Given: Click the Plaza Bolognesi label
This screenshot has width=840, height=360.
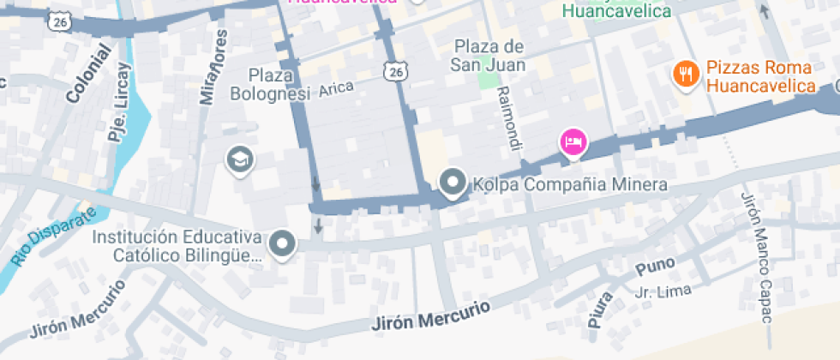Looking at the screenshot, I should pos(268,84).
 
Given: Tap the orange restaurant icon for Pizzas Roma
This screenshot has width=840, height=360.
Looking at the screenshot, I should pos(684,75).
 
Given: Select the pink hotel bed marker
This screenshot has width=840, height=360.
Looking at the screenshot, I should pos(573,141).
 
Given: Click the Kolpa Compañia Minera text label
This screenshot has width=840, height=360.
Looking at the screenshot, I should pos(570,184).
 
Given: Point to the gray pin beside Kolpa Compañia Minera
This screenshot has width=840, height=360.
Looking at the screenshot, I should pos(452,182).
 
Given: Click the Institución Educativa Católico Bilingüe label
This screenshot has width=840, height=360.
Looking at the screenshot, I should pos(177,245).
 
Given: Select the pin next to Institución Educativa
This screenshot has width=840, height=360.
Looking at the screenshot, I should pos(281,244).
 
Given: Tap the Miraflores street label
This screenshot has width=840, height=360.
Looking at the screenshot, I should pos(214,69).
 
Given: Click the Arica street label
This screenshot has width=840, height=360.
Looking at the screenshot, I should pos(336,89).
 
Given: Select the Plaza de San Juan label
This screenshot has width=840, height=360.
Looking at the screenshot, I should pos(489,55).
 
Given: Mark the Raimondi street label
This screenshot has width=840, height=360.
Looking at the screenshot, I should pos(508,119).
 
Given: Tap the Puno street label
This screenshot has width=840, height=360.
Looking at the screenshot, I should pos(655,267).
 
